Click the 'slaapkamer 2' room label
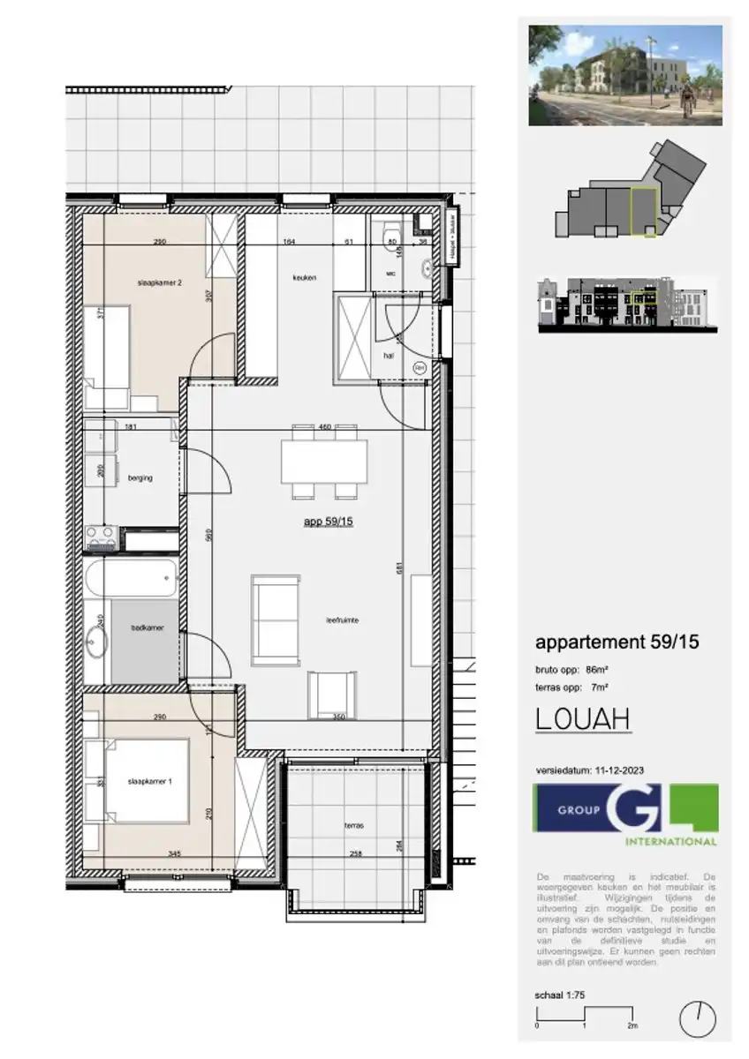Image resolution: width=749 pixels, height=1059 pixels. pyautogui.click(x=160, y=282)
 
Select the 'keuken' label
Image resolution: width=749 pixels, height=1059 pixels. pyautogui.click(x=305, y=277)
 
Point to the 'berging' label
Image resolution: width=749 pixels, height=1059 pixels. pyautogui.click(x=140, y=478)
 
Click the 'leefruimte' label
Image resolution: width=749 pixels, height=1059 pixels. pyautogui.click(x=342, y=620)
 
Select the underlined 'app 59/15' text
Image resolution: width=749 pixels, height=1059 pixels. pyautogui.click(x=329, y=522)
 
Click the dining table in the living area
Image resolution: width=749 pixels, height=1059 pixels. pyautogui.click(x=324, y=462)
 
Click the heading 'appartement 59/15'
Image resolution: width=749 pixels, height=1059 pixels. pyautogui.click(x=617, y=642)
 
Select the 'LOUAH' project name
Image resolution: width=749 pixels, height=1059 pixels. pyautogui.click(x=583, y=719)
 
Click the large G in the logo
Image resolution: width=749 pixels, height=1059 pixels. pyautogui.click(x=632, y=807)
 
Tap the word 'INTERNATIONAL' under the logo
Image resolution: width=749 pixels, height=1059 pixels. pyautogui.click(x=670, y=842)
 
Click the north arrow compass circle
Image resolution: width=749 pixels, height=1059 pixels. pyautogui.click(x=697, y=1019)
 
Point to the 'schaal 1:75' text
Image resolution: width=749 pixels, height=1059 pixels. pyautogui.click(x=561, y=995)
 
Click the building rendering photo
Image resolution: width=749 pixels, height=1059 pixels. pyautogui.click(x=625, y=75)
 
